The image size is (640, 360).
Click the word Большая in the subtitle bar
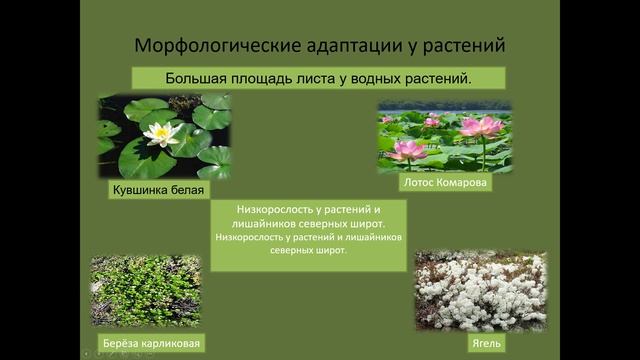pos(196,78)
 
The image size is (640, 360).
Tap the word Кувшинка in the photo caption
pos(135,189)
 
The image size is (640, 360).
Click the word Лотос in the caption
pos(418,183)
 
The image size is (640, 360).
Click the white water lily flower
pos(159,133)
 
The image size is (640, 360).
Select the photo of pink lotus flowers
pos(444,137)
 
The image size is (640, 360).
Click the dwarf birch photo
pos(145,291)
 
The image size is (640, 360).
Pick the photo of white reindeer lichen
pos(481,291)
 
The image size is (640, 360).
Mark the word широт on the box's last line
pos(331,252)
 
